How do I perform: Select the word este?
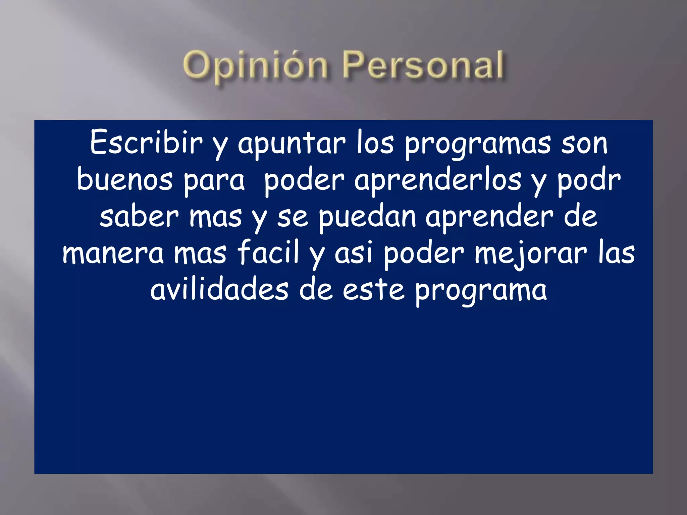click(x=373, y=290)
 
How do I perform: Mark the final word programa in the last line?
click(x=481, y=291)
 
